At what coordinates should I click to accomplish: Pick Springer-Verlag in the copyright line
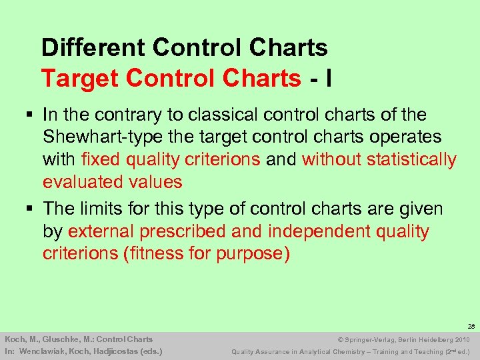370,339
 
